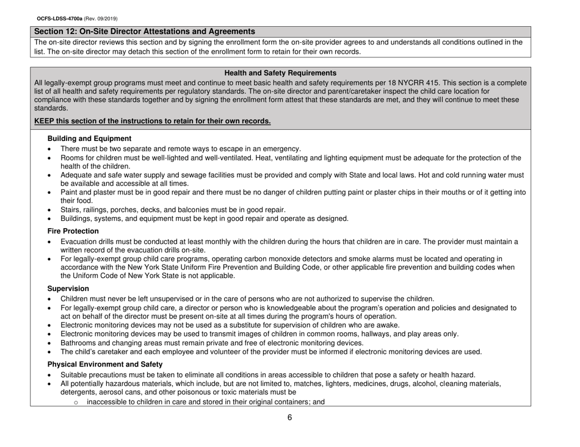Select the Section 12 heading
coord(145,30)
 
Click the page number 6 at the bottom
coord(290,417)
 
